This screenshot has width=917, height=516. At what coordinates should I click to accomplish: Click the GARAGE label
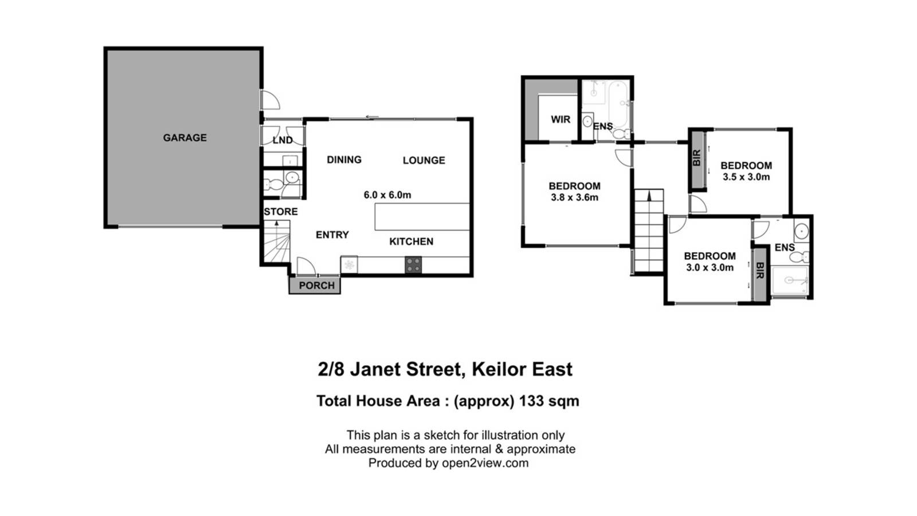185,138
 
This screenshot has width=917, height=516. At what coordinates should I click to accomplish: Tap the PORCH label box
315,286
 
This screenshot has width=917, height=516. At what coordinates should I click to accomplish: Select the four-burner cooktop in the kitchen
413,264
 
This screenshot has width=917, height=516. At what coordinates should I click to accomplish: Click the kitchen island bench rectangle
422,217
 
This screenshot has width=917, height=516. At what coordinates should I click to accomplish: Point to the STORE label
281,212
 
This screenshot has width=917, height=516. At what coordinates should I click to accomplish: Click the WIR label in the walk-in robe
561,120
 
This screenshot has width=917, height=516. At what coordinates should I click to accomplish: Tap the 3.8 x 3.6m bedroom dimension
574,197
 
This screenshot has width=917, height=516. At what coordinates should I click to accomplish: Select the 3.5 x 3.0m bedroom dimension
746,177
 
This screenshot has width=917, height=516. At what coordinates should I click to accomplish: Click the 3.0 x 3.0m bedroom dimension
710,267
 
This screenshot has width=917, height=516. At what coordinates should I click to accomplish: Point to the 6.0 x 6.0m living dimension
387,195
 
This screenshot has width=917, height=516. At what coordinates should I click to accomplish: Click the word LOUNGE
424,160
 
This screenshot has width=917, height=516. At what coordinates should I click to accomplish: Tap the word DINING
344,160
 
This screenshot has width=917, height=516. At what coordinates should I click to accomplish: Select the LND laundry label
283,140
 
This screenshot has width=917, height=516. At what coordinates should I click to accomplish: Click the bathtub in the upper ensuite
618,104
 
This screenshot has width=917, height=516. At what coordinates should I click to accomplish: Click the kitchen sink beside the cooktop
349,264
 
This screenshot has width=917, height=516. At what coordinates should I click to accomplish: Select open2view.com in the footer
485,463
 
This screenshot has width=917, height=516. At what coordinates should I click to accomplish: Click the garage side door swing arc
271,100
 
